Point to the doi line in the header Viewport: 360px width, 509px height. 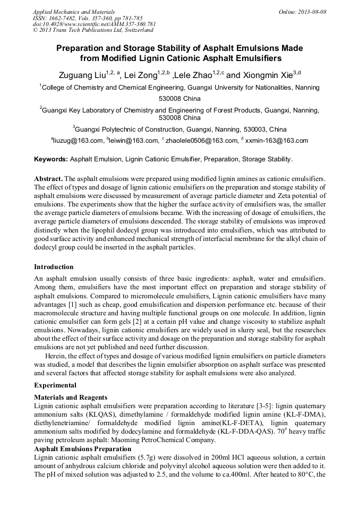click(94, 24)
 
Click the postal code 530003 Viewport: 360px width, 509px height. click(254, 129)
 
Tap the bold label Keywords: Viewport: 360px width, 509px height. click(51, 159)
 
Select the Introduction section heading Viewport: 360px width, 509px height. click(54, 266)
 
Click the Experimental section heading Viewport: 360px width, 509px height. click(55, 385)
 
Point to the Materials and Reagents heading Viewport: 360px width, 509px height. click(71, 397)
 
